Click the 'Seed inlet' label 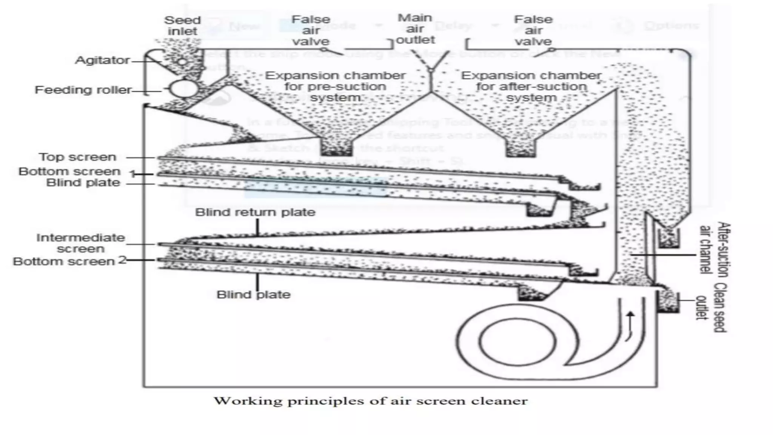[x=182, y=26]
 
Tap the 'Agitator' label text [x=102, y=60]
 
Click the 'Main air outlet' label [x=416, y=29]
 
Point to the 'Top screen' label [x=77, y=157]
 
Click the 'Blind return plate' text [x=255, y=212]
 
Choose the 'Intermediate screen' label [x=80, y=243]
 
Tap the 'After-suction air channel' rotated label [x=714, y=249]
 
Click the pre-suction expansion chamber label [x=335, y=86]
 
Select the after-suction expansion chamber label [x=531, y=86]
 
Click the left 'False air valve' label [x=311, y=30]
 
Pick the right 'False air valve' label [x=533, y=30]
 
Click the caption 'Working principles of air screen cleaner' [x=371, y=401]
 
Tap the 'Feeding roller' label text [x=83, y=90]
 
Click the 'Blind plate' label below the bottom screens [x=253, y=295]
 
